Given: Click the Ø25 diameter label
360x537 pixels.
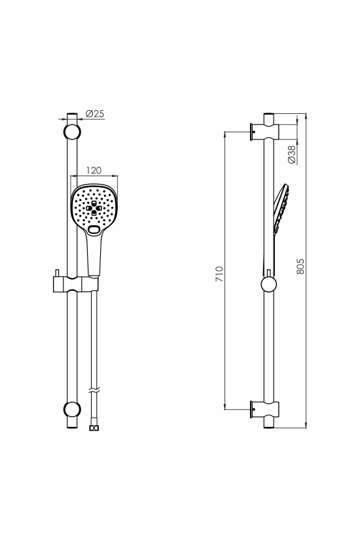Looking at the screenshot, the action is [95, 113].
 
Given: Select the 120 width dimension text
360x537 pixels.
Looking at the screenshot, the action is [94, 170].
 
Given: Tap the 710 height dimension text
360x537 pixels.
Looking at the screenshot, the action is [219, 274].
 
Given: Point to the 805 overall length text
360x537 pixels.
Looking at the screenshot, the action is [300, 266].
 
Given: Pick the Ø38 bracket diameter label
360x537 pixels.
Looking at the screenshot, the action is [291, 155].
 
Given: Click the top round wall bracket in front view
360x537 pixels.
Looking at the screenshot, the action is [72, 132].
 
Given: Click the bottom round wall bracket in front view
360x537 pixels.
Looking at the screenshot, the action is [72, 409].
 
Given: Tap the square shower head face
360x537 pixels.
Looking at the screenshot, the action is [94, 209].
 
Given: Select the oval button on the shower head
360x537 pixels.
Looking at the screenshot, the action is [94, 229].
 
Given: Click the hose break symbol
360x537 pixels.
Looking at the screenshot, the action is [94, 390].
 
